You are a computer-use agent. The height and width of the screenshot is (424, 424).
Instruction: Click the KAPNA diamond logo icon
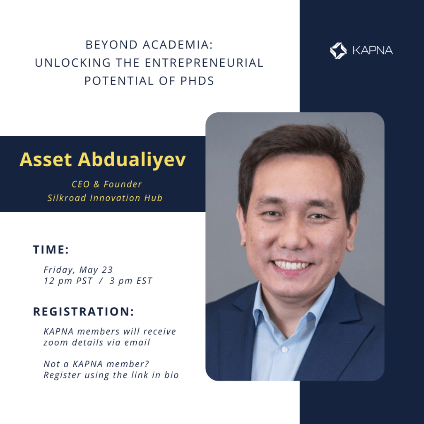click(338, 51)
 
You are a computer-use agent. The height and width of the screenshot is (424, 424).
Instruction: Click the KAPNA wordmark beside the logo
click(373, 51)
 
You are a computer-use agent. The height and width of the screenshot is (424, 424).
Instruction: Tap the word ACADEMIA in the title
click(178, 45)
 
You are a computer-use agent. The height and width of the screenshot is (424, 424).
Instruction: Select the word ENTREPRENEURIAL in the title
click(204, 63)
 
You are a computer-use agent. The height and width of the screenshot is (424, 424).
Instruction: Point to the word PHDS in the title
click(197, 81)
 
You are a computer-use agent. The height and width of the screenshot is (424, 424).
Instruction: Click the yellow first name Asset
click(46, 159)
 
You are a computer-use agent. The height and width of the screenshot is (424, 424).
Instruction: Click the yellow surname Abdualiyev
click(132, 160)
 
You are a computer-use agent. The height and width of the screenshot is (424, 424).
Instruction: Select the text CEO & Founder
click(106, 184)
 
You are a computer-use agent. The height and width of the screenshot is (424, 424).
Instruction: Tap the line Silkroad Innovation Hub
click(105, 198)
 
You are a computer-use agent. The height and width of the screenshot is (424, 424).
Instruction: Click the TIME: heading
click(51, 250)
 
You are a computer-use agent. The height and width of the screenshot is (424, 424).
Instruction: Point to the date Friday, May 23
click(78, 270)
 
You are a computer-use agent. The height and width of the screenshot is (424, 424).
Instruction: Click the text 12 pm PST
click(68, 281)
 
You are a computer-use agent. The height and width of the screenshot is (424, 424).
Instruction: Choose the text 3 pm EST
click(131, 281)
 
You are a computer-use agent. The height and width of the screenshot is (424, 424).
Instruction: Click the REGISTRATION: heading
click(84, 311)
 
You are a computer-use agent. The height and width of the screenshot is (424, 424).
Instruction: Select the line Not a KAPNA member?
click(96, 364)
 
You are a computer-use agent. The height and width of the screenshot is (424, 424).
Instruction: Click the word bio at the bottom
click(171, 375)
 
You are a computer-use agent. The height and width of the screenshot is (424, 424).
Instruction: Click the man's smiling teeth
click(291, 265)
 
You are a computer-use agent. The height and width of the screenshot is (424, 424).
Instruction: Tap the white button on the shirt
click(284, 349)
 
